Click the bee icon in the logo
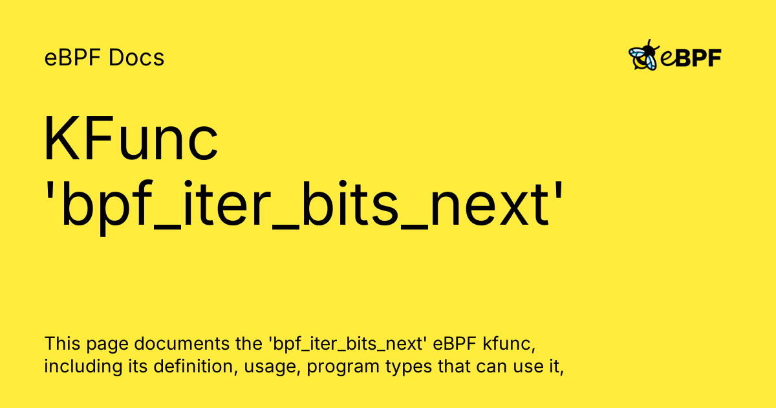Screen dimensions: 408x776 click(643, 56)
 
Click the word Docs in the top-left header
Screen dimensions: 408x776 click(136, 58)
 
